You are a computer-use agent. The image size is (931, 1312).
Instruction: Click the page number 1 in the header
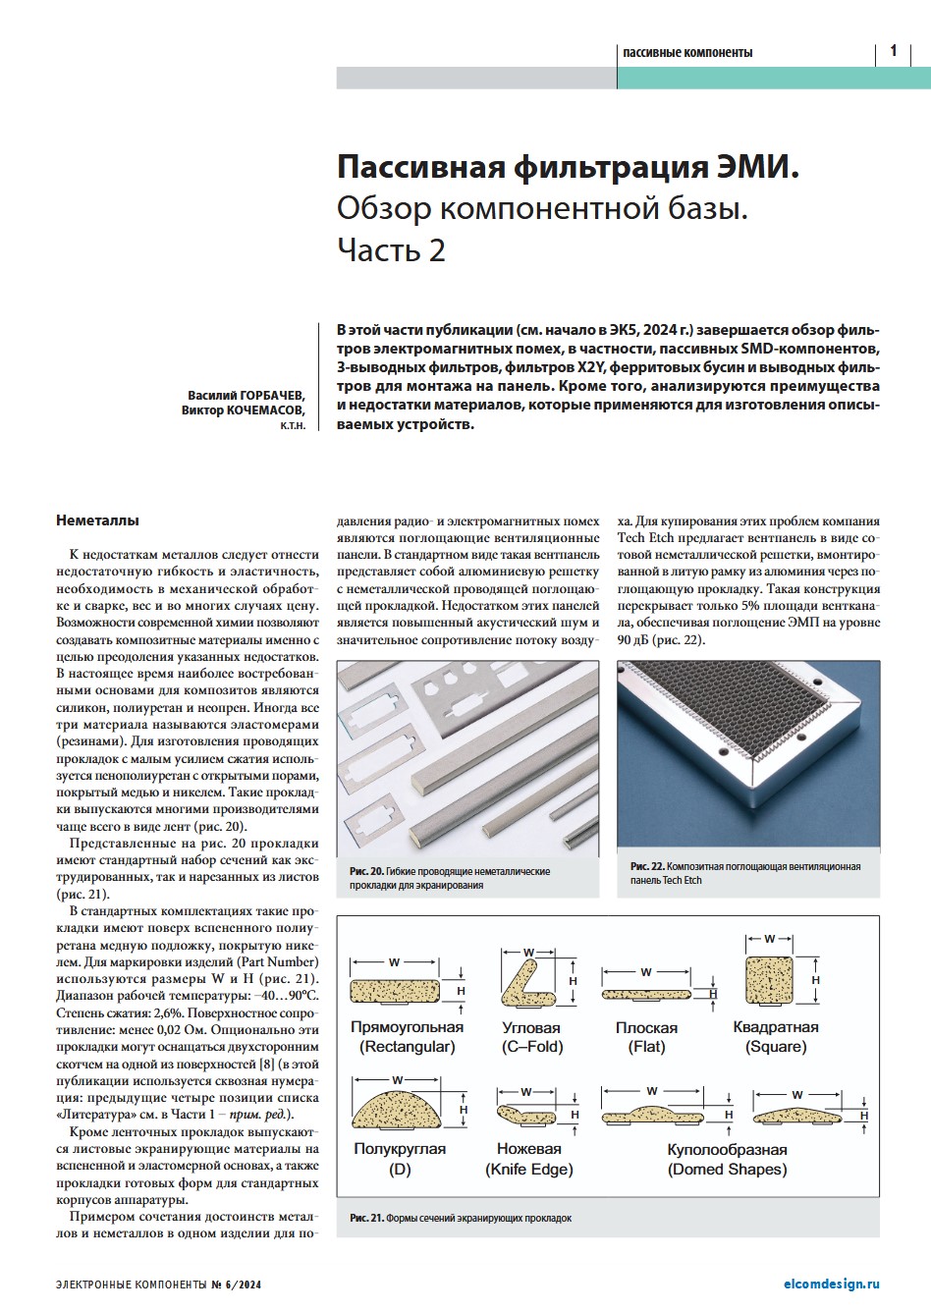coord(893,51)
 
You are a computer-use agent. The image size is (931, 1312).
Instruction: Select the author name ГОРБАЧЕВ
coord(268,395)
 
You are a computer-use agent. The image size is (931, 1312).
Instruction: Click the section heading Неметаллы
coord(97,520)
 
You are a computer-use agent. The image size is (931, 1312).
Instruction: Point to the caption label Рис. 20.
coord(365,871)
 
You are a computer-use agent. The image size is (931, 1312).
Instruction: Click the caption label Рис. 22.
coord(647,866)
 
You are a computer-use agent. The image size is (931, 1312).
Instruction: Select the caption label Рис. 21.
coord(366,1218)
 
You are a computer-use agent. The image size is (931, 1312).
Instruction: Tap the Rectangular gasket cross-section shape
coord(395,992)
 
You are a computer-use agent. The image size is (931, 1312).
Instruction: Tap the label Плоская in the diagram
coord(646,1027)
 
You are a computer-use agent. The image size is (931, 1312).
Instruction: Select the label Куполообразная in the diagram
coord(727,1149)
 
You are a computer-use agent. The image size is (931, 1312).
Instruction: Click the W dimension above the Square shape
coord(770,940)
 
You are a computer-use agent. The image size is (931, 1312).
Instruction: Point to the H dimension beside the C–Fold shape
coord(574,980)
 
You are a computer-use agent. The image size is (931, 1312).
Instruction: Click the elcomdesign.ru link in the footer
coord(832,1284)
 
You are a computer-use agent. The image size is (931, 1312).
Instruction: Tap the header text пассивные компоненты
coord(687,52)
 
